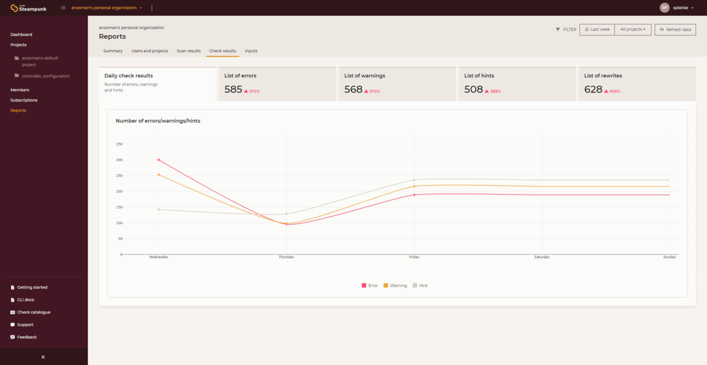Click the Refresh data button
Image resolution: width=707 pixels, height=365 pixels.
click(675, 29)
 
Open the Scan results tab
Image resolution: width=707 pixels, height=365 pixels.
click(189, 51)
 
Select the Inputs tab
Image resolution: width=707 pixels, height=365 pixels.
click(251, 51)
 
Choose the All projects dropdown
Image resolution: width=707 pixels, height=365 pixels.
click(633, 29)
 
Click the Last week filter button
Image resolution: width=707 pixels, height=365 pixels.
click(597, 29)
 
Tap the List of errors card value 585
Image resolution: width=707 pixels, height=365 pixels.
click(233, 90)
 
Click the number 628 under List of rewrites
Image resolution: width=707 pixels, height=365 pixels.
click(593, 90)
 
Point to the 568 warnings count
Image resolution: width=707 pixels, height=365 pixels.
click(353, 90)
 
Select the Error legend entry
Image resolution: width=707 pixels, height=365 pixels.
click(369, 285)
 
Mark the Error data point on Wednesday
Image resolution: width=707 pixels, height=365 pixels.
click(158, 160)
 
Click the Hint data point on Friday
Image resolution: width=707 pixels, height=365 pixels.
click(414, 180)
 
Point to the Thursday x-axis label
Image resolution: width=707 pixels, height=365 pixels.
click(286, 257)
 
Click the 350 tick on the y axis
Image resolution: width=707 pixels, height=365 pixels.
click(119, 144)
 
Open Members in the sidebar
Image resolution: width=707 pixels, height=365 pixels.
click(20, 90)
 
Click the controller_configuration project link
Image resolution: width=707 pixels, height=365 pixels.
click(46, 76)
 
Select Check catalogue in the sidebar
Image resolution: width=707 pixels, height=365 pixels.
click(34, 312)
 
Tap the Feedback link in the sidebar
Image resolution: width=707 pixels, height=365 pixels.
click(27, 337)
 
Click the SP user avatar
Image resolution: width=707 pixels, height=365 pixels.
click(665, 8)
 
